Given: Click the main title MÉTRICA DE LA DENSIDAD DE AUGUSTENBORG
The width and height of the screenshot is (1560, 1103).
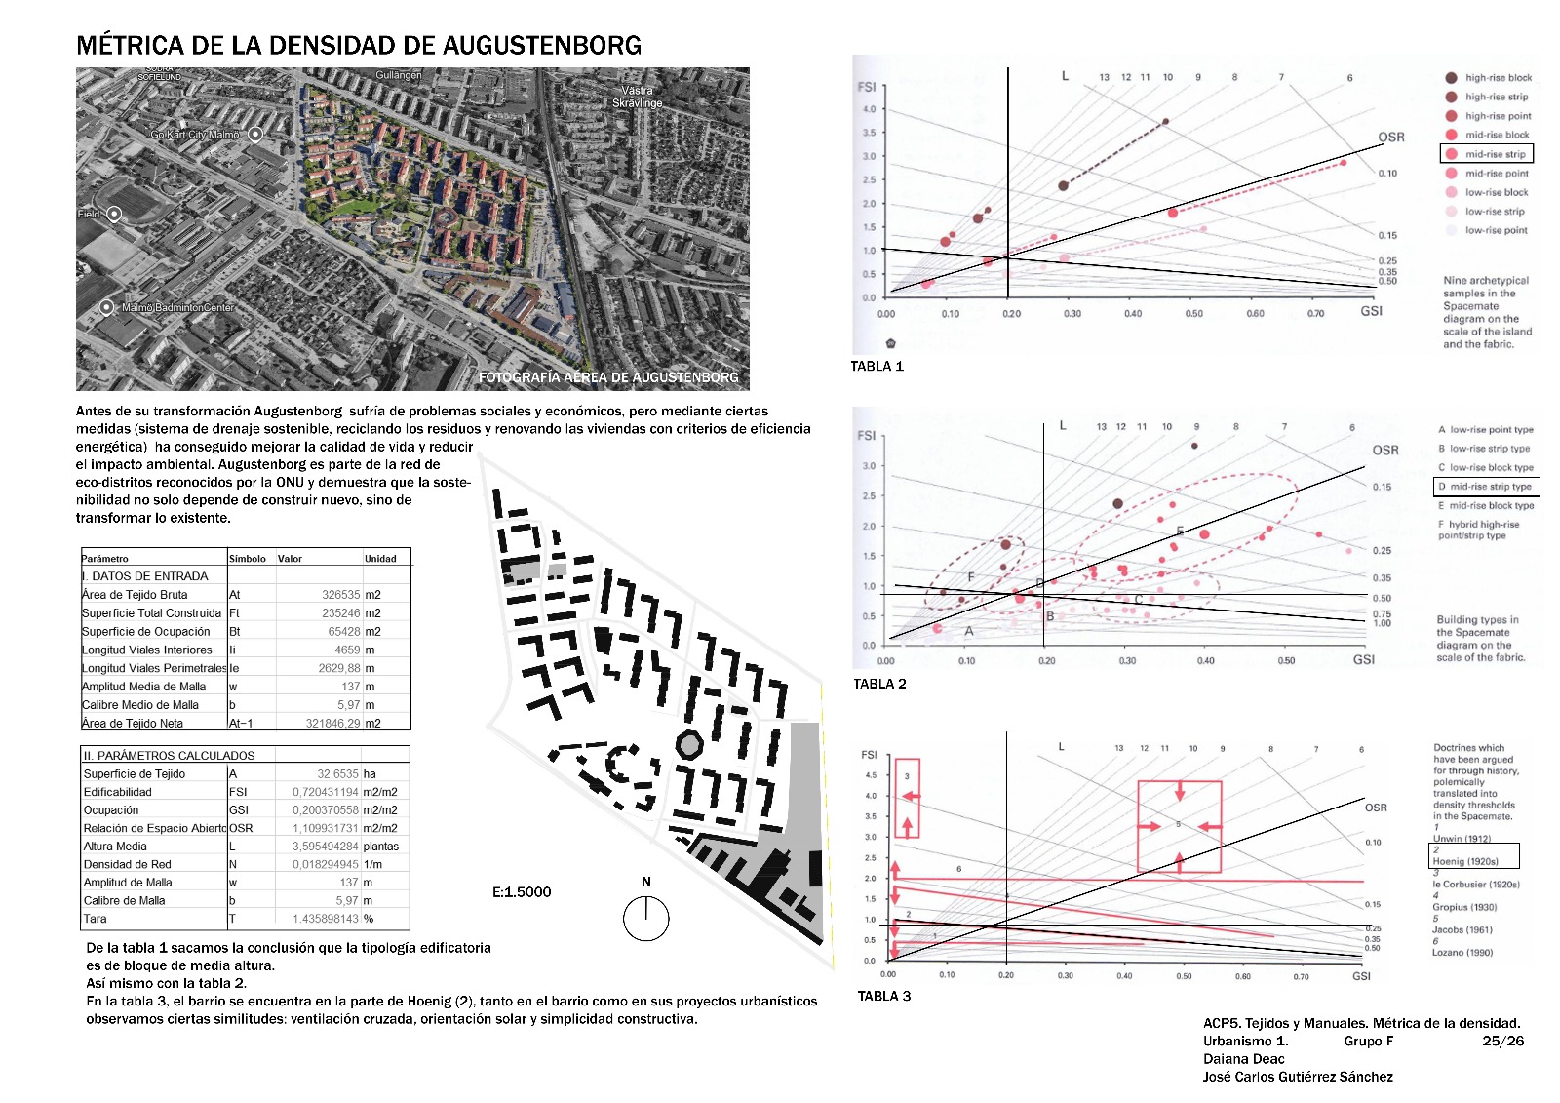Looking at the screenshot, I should point(359,46).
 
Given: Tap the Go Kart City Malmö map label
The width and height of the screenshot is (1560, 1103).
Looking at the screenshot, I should point(195,135).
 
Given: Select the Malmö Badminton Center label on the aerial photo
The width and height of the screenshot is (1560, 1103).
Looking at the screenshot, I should point(177,308).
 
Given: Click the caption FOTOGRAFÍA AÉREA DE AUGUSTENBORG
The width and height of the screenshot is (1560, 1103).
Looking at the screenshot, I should point(607,377).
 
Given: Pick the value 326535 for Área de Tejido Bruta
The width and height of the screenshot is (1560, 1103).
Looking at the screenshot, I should point(340,595).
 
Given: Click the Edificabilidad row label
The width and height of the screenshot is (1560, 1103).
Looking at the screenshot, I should point(118,793).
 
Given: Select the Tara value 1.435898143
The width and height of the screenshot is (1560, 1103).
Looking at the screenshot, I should point(326,919).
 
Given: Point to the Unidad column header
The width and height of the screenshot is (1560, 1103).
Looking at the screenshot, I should point(380,559).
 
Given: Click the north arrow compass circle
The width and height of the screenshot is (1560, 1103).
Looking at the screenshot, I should point(645,918).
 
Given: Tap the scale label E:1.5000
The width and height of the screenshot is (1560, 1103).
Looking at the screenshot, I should point(522,892).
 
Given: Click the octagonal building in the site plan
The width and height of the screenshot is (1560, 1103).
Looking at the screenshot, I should point(689,745).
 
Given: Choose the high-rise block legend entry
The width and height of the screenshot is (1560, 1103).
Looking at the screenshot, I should point(1498,78).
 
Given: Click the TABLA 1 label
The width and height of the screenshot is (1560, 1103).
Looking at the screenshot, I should point(877,367).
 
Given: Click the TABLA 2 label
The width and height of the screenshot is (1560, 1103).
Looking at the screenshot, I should point(879,684).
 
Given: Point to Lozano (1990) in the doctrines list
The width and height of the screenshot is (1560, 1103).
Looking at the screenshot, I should point(1462,953).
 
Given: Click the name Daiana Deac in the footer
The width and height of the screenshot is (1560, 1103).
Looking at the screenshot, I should point(1243,1059).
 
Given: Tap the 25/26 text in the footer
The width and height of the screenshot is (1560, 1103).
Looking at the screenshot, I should point(1502,1041).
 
